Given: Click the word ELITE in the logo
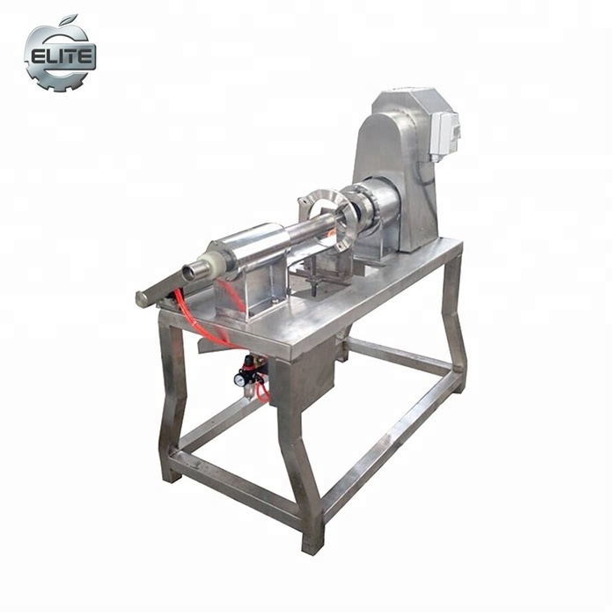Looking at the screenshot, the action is pyautogui.click(x=62, y=56).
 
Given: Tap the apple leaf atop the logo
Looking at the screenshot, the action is pyautogui.click(x=70, y=19).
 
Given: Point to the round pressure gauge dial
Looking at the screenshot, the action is pyautogui.click(x=239, y=379).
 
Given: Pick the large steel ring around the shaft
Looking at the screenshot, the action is pyautogui.click(x=327, y=219).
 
